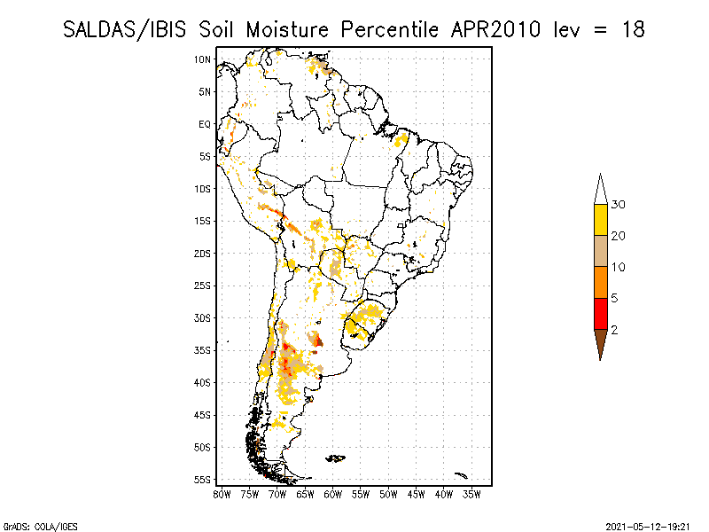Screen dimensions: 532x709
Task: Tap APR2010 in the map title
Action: coord(495,29)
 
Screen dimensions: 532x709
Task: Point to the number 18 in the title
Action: coord(632,29)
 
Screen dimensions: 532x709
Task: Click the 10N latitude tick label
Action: coord(203,59)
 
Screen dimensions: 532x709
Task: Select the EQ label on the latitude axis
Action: coord(205,124)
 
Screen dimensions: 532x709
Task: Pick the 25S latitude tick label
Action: coord(203,286)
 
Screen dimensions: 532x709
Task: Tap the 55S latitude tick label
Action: coord(203,480)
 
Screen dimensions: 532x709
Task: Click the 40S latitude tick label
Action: coord(203,382)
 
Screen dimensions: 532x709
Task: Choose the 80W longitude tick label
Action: coord(222,494)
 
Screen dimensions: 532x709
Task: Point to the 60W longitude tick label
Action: coord(333,494)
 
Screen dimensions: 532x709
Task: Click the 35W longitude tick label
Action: coord(472,494)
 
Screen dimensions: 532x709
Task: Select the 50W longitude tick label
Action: coord(389,494)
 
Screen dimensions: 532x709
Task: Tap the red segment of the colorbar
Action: coord(600,313)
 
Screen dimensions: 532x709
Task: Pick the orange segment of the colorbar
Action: coord(600,282)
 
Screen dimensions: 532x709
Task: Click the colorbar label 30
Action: coord(619,205)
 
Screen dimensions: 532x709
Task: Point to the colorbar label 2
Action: coord(615,329)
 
